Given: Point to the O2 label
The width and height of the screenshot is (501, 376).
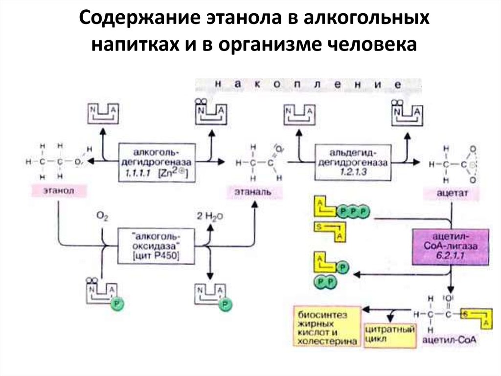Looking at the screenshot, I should coord(101,216).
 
